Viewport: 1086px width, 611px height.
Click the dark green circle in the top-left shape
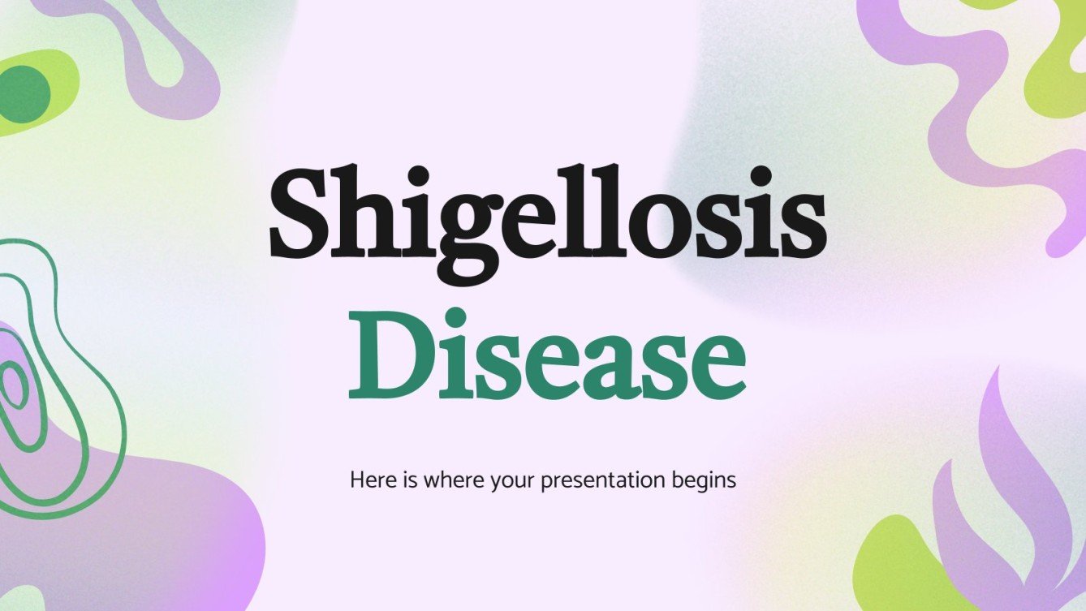pos(24,93)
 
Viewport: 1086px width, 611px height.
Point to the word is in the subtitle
pos(404,480)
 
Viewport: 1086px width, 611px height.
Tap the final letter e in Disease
pos(714,365)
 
